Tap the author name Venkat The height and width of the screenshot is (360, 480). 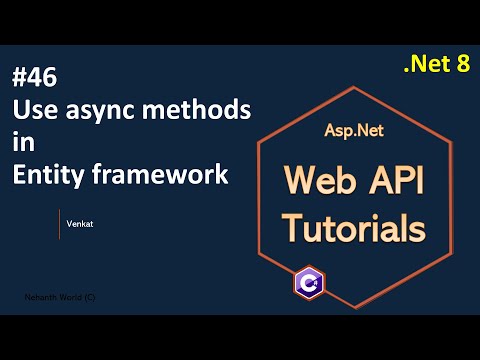pos(83,224)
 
